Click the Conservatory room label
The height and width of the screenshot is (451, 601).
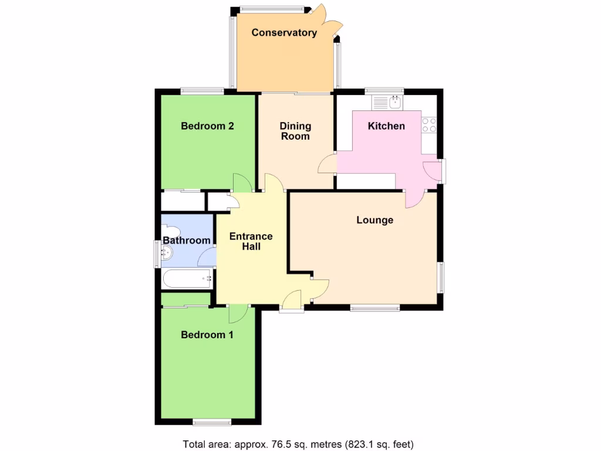[284, 33]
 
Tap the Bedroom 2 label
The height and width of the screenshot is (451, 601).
[207, 126]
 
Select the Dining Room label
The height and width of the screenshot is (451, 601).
[295, 131]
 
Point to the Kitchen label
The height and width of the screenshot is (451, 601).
[386, 126]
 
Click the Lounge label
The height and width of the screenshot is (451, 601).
[374, 220]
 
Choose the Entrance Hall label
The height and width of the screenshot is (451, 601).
[251, 241]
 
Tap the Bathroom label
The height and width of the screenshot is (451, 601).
[187, 240]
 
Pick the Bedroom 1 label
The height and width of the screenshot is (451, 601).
[207, 335]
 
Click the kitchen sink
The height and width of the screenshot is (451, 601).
[388, 103]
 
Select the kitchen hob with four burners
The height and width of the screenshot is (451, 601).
[429, 124]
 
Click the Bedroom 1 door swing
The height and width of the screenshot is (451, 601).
[238, 314]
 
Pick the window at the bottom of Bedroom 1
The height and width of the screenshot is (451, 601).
[212, 421]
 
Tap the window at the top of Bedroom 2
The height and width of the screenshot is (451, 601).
[202, 91]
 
